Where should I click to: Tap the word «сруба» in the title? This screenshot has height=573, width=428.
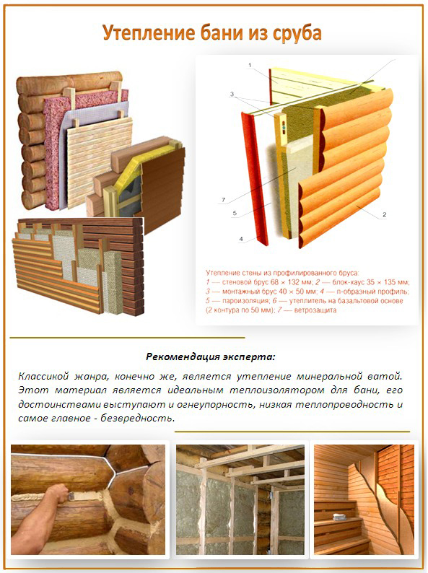(297, 34)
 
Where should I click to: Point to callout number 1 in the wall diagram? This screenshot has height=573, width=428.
(250, 66)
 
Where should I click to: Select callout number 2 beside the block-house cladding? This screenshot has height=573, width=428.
(384, 214)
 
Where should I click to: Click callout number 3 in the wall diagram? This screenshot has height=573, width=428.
(232, 95)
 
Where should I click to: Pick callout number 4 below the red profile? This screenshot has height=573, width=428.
(241, 239)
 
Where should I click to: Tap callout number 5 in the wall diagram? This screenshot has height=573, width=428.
(235, 213)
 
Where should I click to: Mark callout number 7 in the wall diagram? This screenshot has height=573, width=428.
(223, 200)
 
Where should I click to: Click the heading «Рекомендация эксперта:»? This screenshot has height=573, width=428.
(211, 357)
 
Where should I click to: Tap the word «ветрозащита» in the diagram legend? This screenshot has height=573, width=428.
(315, 310)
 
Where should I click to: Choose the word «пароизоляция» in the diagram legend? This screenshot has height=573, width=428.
(240, 301)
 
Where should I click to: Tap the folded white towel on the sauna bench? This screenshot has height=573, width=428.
(339, 517)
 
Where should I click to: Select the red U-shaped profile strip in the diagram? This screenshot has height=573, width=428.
(254, 178)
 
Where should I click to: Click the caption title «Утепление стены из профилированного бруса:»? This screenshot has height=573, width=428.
(282, 273)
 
